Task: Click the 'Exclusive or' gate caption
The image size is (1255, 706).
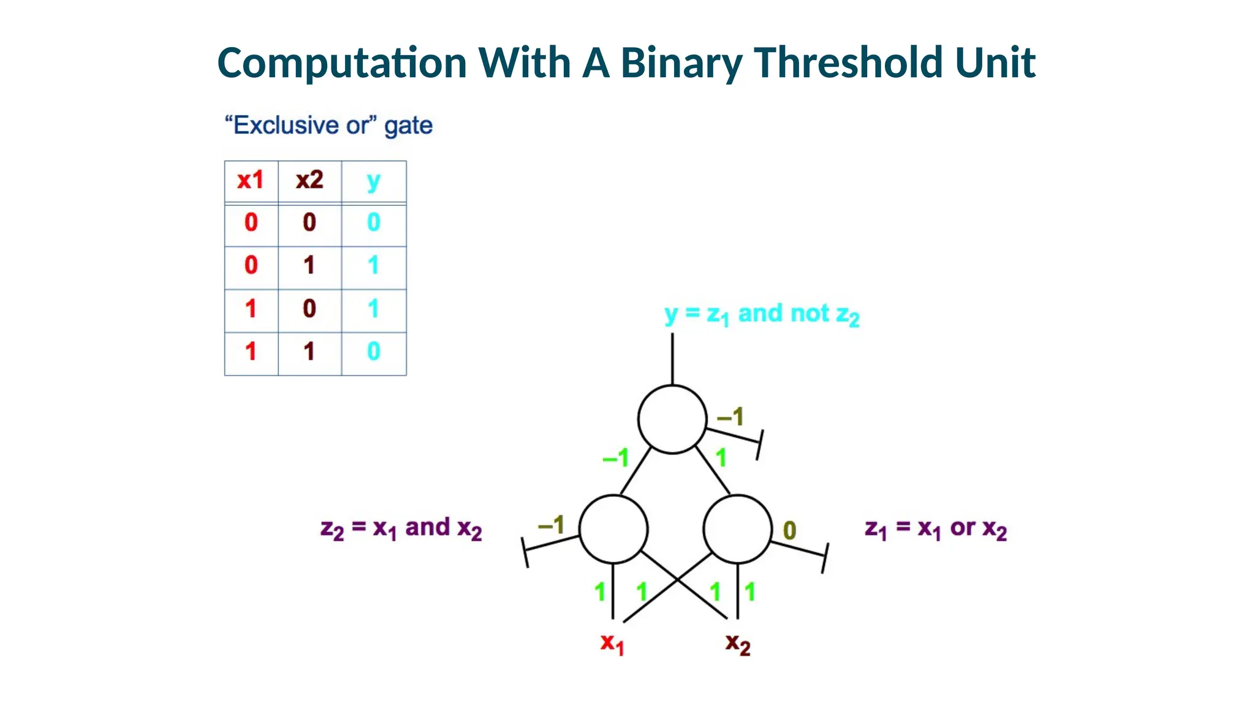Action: coord(328,126)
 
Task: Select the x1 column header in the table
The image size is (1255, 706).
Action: coord(251,180)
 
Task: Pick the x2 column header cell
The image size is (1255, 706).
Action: coord(309,180)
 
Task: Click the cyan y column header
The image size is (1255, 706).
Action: coord(373,181)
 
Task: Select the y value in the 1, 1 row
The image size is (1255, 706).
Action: coord(373,352)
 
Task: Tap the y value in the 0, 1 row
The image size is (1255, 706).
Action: coord(373,265)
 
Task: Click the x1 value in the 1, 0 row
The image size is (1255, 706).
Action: coord(251,309)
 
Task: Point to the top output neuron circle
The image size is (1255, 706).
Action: coord(672,419)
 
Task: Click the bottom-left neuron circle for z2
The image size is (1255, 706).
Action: coord(613,529)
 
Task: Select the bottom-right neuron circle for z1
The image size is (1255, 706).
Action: coord(737,529)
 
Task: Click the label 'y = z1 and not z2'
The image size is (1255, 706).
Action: coord(762,314)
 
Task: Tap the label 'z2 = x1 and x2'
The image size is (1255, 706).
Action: coord(401,528)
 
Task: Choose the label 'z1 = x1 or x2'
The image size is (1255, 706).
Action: coord(935,528)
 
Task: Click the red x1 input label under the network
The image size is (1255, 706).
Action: coord(612,643)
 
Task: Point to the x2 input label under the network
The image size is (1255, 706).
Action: coord(737,644)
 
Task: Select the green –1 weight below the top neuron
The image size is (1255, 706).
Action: coord(616,457)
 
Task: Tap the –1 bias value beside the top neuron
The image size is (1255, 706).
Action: coord(730,417)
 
